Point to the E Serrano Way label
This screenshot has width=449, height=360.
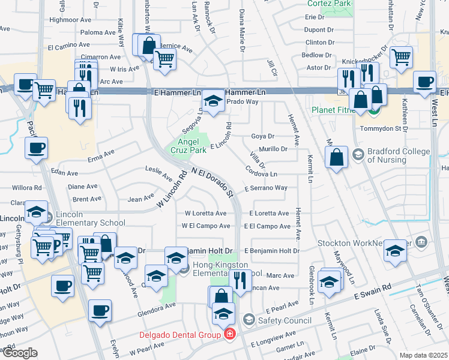pyautogui.click(x=266, y=188)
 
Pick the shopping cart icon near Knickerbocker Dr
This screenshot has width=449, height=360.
pyautogui.click(x=401, y=58)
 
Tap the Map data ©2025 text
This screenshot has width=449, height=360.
pyautogui.click(x=423, y=355)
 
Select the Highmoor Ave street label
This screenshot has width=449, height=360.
pyautogui.click(x=70, y=20)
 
